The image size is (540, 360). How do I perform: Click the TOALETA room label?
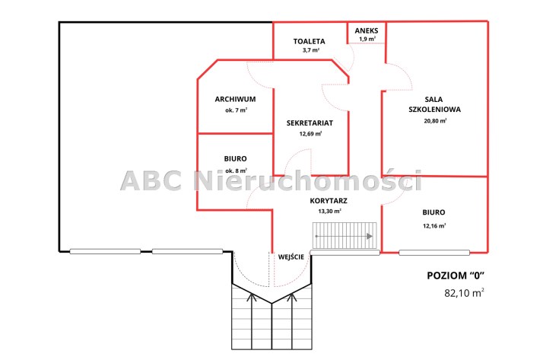click(x=309, y=41)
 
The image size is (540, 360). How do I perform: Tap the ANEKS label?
click(x=367, y=30)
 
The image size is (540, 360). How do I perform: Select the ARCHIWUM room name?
click(x=235, y=99)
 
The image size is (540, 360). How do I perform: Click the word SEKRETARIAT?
click(x=310, y=123)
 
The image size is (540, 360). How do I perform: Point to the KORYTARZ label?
click(x=329, y=200)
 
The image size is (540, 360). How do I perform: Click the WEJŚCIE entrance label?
click(x=291, y=256)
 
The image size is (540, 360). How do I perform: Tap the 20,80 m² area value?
click(x=435, y=120)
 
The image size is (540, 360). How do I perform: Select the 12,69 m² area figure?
click(x=310, y=134)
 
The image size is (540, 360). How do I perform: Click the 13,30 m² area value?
click(x=329, y=211)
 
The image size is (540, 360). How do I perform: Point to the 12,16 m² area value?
click(x=434, y=226)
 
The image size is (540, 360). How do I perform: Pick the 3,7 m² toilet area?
click(x=310, y=50)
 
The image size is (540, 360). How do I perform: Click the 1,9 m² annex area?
click(x=367, y=39)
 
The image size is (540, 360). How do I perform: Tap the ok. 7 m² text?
click(x=237, y=110)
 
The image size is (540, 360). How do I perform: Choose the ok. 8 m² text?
click(x=237, y=170)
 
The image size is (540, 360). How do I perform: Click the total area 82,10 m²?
click(x=464, y=293)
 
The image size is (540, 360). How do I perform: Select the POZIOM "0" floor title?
click(x=456, y=276)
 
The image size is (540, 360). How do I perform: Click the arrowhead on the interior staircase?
click(x=370, y=237)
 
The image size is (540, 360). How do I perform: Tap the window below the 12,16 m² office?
click(x=434, y=253)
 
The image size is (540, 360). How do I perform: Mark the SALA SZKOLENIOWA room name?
click(x=434, y=104)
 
